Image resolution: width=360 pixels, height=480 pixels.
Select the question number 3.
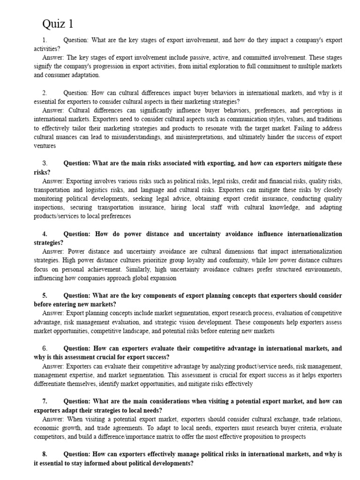[45, 163]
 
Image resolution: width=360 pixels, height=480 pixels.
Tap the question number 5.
[45, 296]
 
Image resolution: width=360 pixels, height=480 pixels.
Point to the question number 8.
[45, 455]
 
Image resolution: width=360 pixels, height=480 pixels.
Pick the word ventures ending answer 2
[45, 146]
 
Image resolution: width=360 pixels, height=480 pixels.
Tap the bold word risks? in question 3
[42, 172]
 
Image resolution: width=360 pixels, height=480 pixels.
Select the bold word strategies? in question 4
[48, 243]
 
